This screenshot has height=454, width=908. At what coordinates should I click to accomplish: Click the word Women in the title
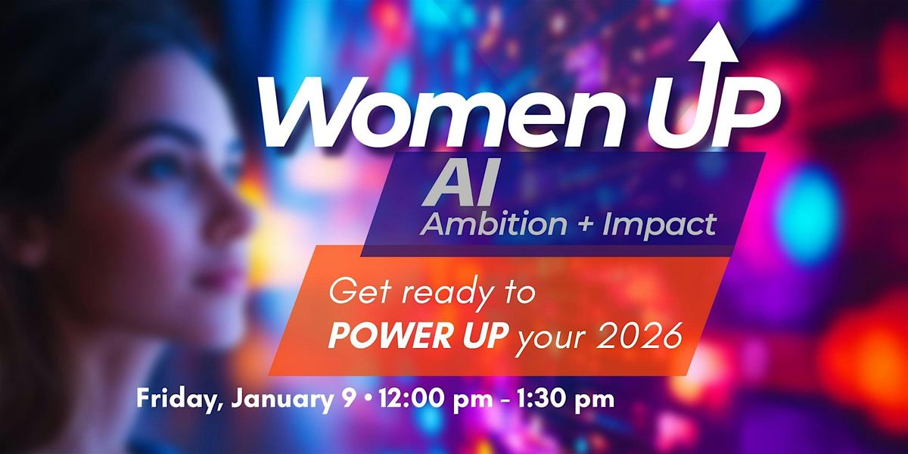441,113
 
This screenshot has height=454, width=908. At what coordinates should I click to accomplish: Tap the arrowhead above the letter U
714,42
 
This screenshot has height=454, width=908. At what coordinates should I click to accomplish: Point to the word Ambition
493,224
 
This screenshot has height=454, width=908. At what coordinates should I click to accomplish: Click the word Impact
660,225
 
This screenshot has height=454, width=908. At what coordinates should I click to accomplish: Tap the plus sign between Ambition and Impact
584,225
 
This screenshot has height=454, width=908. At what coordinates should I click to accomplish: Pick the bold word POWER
393,336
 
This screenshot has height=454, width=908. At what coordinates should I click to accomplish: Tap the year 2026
639,336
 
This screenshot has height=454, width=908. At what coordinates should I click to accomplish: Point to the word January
282,400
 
